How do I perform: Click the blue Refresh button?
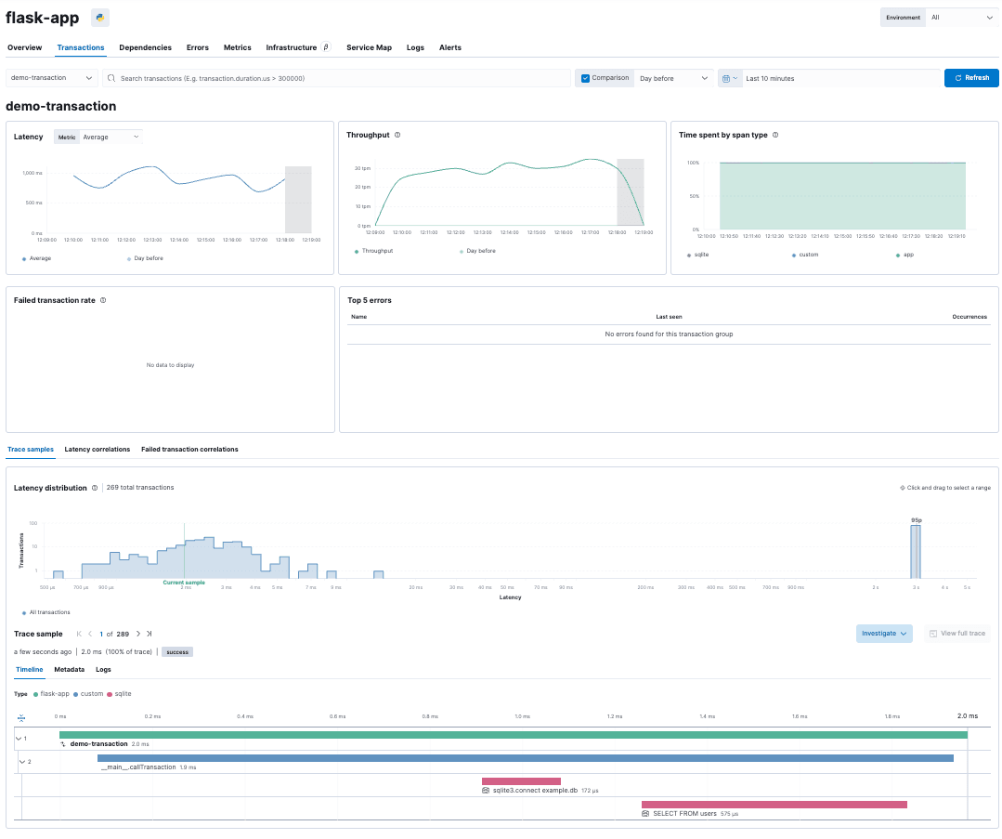tap(971, 78)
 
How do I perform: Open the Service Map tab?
tap(369, 47)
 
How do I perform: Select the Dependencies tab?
tap(145, 47)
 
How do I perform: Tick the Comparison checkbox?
tap(585, 78)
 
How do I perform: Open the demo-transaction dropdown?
tap(52, 78)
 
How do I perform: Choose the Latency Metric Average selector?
tap(110, 137)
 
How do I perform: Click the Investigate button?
tap(884, 634)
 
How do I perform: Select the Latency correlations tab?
tap(98, 450)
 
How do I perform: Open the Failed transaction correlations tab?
tap(189, 450)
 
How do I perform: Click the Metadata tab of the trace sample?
tap(69, 669)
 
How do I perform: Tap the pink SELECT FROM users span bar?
tap(774, 804)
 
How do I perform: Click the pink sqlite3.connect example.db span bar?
tap(521, 781)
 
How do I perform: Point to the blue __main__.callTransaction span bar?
tap(525, 758)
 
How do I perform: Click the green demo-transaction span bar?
tap(513, 735)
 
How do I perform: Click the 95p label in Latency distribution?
tap(916, 520)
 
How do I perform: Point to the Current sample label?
tap(184, 583)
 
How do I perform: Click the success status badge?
tap(176, 652)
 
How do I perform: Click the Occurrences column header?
tap(969, 317)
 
